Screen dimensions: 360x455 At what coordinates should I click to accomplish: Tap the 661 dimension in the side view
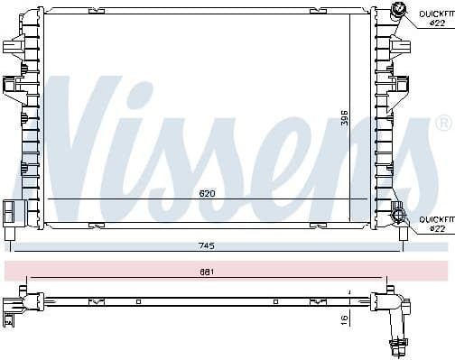tap(211, 271)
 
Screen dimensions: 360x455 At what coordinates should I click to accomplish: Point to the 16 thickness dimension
tap(344, 319)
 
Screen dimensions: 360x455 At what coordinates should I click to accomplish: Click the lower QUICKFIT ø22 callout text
tap(432, 225)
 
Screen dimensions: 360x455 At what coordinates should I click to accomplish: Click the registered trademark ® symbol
tap(443, 121)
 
